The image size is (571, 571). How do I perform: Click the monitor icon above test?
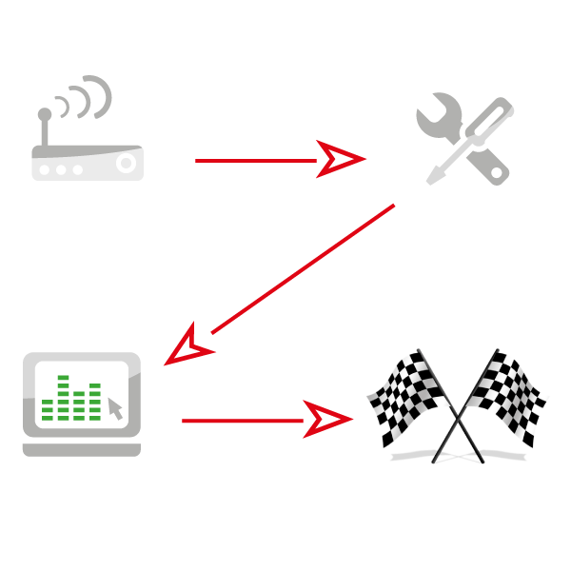click(x=82, y=400)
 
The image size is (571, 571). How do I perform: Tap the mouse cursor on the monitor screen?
click(x=115, y=409)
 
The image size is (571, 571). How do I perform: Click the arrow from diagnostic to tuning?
click(x=257, y=160)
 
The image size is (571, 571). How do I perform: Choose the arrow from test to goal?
click(x=247, y=419)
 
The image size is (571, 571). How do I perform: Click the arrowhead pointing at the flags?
click(x=328, y=419)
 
